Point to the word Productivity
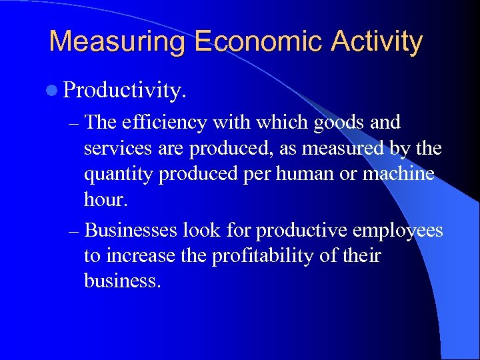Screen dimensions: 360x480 pyautogui.click(x=125, y=91)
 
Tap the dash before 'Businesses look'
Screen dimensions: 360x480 pyautogui.click(x=75, y=231)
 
